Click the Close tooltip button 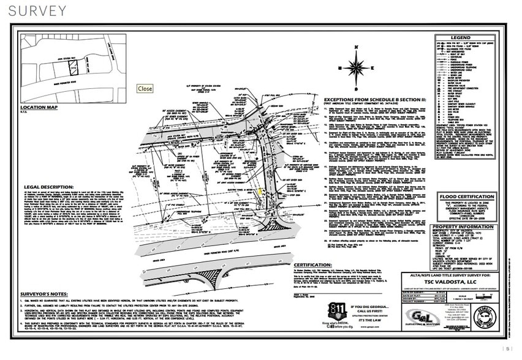pyautogui.click(x=145, y=89)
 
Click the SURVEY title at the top pyautogui.click(x=38, y=11)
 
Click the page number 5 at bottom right pyautogui.click(x=508, y=349)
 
